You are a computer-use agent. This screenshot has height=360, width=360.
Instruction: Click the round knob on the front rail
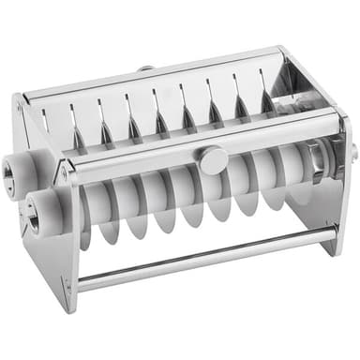(213, 159)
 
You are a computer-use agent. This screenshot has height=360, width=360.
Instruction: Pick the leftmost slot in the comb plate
(45, 119)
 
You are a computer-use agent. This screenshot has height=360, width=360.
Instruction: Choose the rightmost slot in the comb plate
(269, 96)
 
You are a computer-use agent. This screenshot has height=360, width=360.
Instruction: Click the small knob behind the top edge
(145, 68)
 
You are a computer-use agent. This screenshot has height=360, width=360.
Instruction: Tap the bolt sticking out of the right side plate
(353, 150)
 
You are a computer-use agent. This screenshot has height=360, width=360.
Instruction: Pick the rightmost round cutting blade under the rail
(298, 178)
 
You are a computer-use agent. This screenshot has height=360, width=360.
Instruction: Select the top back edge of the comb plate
(150, 74)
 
